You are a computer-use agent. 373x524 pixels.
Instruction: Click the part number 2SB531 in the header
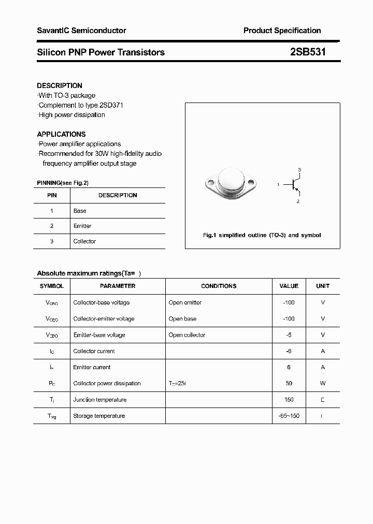(308, 52)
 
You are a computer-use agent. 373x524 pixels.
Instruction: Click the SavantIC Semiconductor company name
(81, 31)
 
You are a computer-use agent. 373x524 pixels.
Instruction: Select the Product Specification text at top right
(282, 31)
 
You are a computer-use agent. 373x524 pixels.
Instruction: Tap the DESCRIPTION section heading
(60, 85)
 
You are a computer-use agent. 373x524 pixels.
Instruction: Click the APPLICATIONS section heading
(61, 134)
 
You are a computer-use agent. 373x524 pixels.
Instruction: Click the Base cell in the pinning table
(80, 211)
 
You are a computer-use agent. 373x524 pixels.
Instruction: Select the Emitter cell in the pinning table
(82, 226)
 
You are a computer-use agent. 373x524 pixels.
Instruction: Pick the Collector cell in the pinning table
(84, 241)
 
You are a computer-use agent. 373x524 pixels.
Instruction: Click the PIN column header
(52, 195)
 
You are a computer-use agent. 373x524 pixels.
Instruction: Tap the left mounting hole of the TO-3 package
(210, 183)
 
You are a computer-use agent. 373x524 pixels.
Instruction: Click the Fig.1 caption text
(262, 235)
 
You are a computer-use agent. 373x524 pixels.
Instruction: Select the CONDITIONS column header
(219, 286)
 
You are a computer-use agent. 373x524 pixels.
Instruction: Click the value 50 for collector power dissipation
(289, 383)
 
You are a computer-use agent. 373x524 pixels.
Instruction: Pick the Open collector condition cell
(187, 335)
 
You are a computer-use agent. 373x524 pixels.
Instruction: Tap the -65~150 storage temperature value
(289, 416)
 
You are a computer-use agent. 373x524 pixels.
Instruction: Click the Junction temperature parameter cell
(100, 400)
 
